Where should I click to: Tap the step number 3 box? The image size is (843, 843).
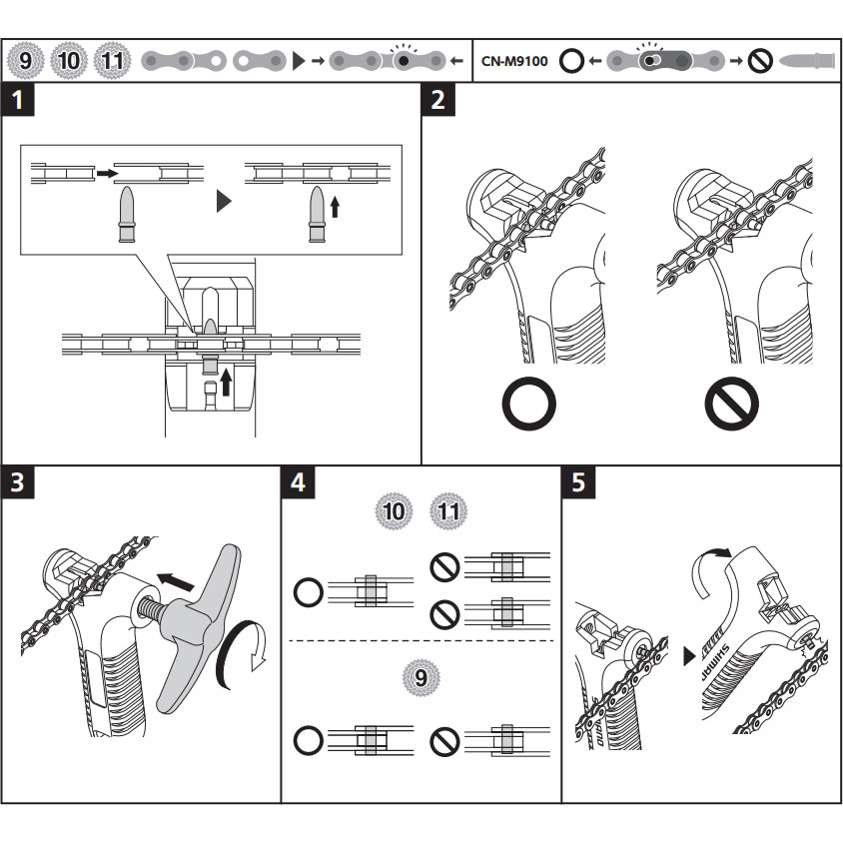click(x=17, y=482)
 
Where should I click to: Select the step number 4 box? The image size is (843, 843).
click(x=298, y=482)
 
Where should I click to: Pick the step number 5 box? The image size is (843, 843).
click(x=578, y=482)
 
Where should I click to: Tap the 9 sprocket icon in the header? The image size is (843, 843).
click(x=25, y=60)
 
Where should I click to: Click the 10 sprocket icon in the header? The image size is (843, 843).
click(x=68, y=60)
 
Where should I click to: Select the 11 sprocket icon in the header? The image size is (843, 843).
click(x=111, y=60)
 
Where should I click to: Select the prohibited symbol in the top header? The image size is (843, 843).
click(x=761, y=61)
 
